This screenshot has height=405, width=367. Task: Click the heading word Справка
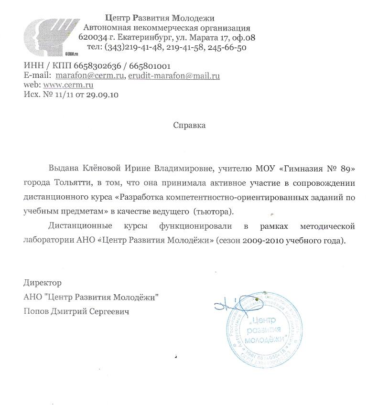point(189,126)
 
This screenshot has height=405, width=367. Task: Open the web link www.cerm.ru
point(68,85)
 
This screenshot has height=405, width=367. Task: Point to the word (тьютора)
point(215,211)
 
